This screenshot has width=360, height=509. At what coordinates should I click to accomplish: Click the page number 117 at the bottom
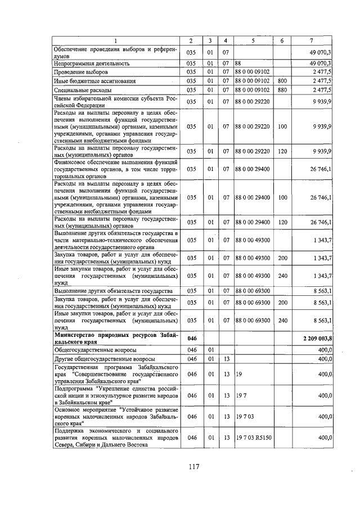pos(195,466)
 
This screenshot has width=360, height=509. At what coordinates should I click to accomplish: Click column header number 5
pos(253,41)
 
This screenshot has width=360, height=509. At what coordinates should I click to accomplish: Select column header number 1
pos(116,41)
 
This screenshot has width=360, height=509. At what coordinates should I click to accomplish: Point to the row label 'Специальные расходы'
pos(82,90)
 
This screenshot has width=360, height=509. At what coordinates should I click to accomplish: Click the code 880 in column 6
pos(282,90)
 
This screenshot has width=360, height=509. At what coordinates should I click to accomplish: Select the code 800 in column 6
pos(282,81)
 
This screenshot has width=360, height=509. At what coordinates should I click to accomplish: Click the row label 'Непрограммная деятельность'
pos(92,64)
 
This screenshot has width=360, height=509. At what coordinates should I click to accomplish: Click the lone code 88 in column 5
pos(238,64)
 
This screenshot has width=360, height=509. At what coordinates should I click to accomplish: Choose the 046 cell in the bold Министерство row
pos(191,338)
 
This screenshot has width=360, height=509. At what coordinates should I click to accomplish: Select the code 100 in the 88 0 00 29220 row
pos(282,127)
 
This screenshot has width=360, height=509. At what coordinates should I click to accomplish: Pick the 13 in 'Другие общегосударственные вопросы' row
pos(225,358)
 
